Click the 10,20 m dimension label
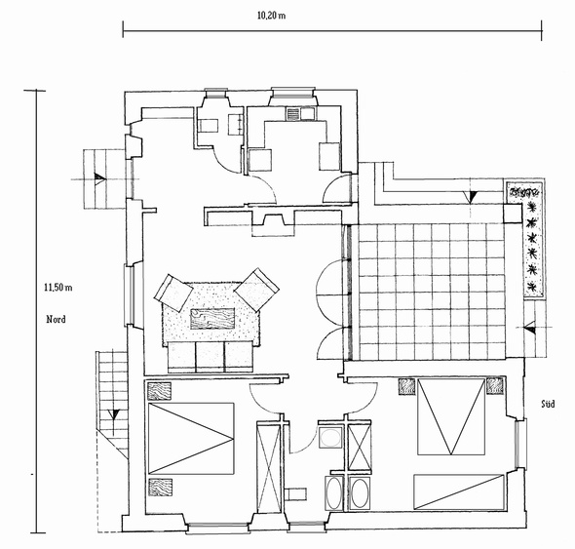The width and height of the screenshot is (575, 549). tap(271, 16)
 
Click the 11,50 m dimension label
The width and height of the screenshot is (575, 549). tap(58, 288)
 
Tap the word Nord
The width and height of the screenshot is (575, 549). tap(57, 320)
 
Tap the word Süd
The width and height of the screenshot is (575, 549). tap(548, 405)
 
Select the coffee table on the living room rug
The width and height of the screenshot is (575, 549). tap(212, 319)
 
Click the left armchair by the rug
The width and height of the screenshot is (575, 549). tap(173, 293)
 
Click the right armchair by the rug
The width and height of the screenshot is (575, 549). tap(256, 290)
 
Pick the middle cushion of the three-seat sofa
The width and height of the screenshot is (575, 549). tap(211, 357)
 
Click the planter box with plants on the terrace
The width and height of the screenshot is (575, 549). tap(525, 239)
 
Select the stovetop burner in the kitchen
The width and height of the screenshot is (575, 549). tap(293, 114)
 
